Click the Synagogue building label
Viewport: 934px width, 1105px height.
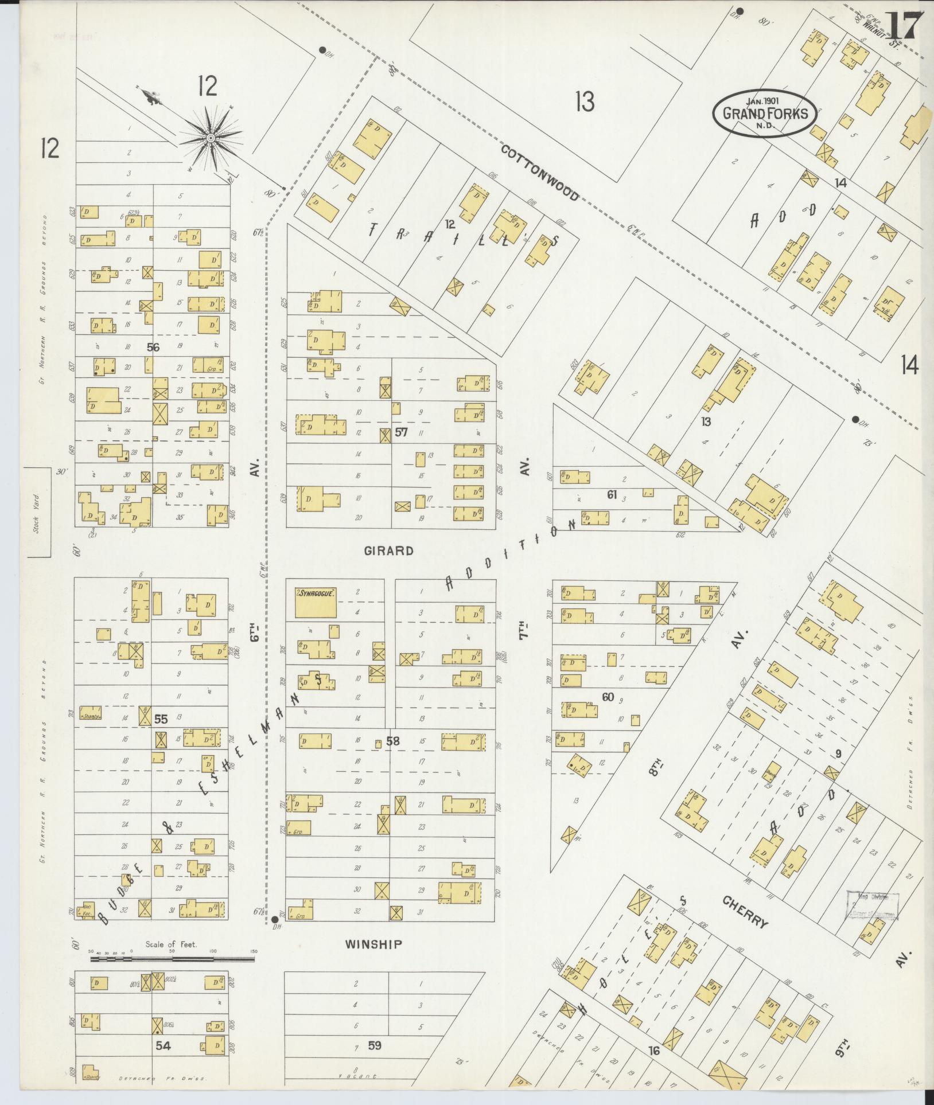[316, 594]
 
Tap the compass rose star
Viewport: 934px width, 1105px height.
[211, 138]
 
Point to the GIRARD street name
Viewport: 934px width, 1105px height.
[388, 551]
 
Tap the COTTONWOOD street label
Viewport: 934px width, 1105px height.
[539, 173]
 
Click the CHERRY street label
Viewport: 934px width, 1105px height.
[745, 912]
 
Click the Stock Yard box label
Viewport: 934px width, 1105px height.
[36, 512]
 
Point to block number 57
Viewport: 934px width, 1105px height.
[401, 432]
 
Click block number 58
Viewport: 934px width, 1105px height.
[392, 741]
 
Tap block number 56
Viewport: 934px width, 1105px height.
[153, 346]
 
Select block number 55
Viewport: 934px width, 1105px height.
[161, 719]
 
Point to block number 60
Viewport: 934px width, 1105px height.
[608, 697]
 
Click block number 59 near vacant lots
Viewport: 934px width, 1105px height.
[374, 1045]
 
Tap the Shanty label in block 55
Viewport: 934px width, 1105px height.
[91, 716]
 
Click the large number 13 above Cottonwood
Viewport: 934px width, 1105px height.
[585, 103]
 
